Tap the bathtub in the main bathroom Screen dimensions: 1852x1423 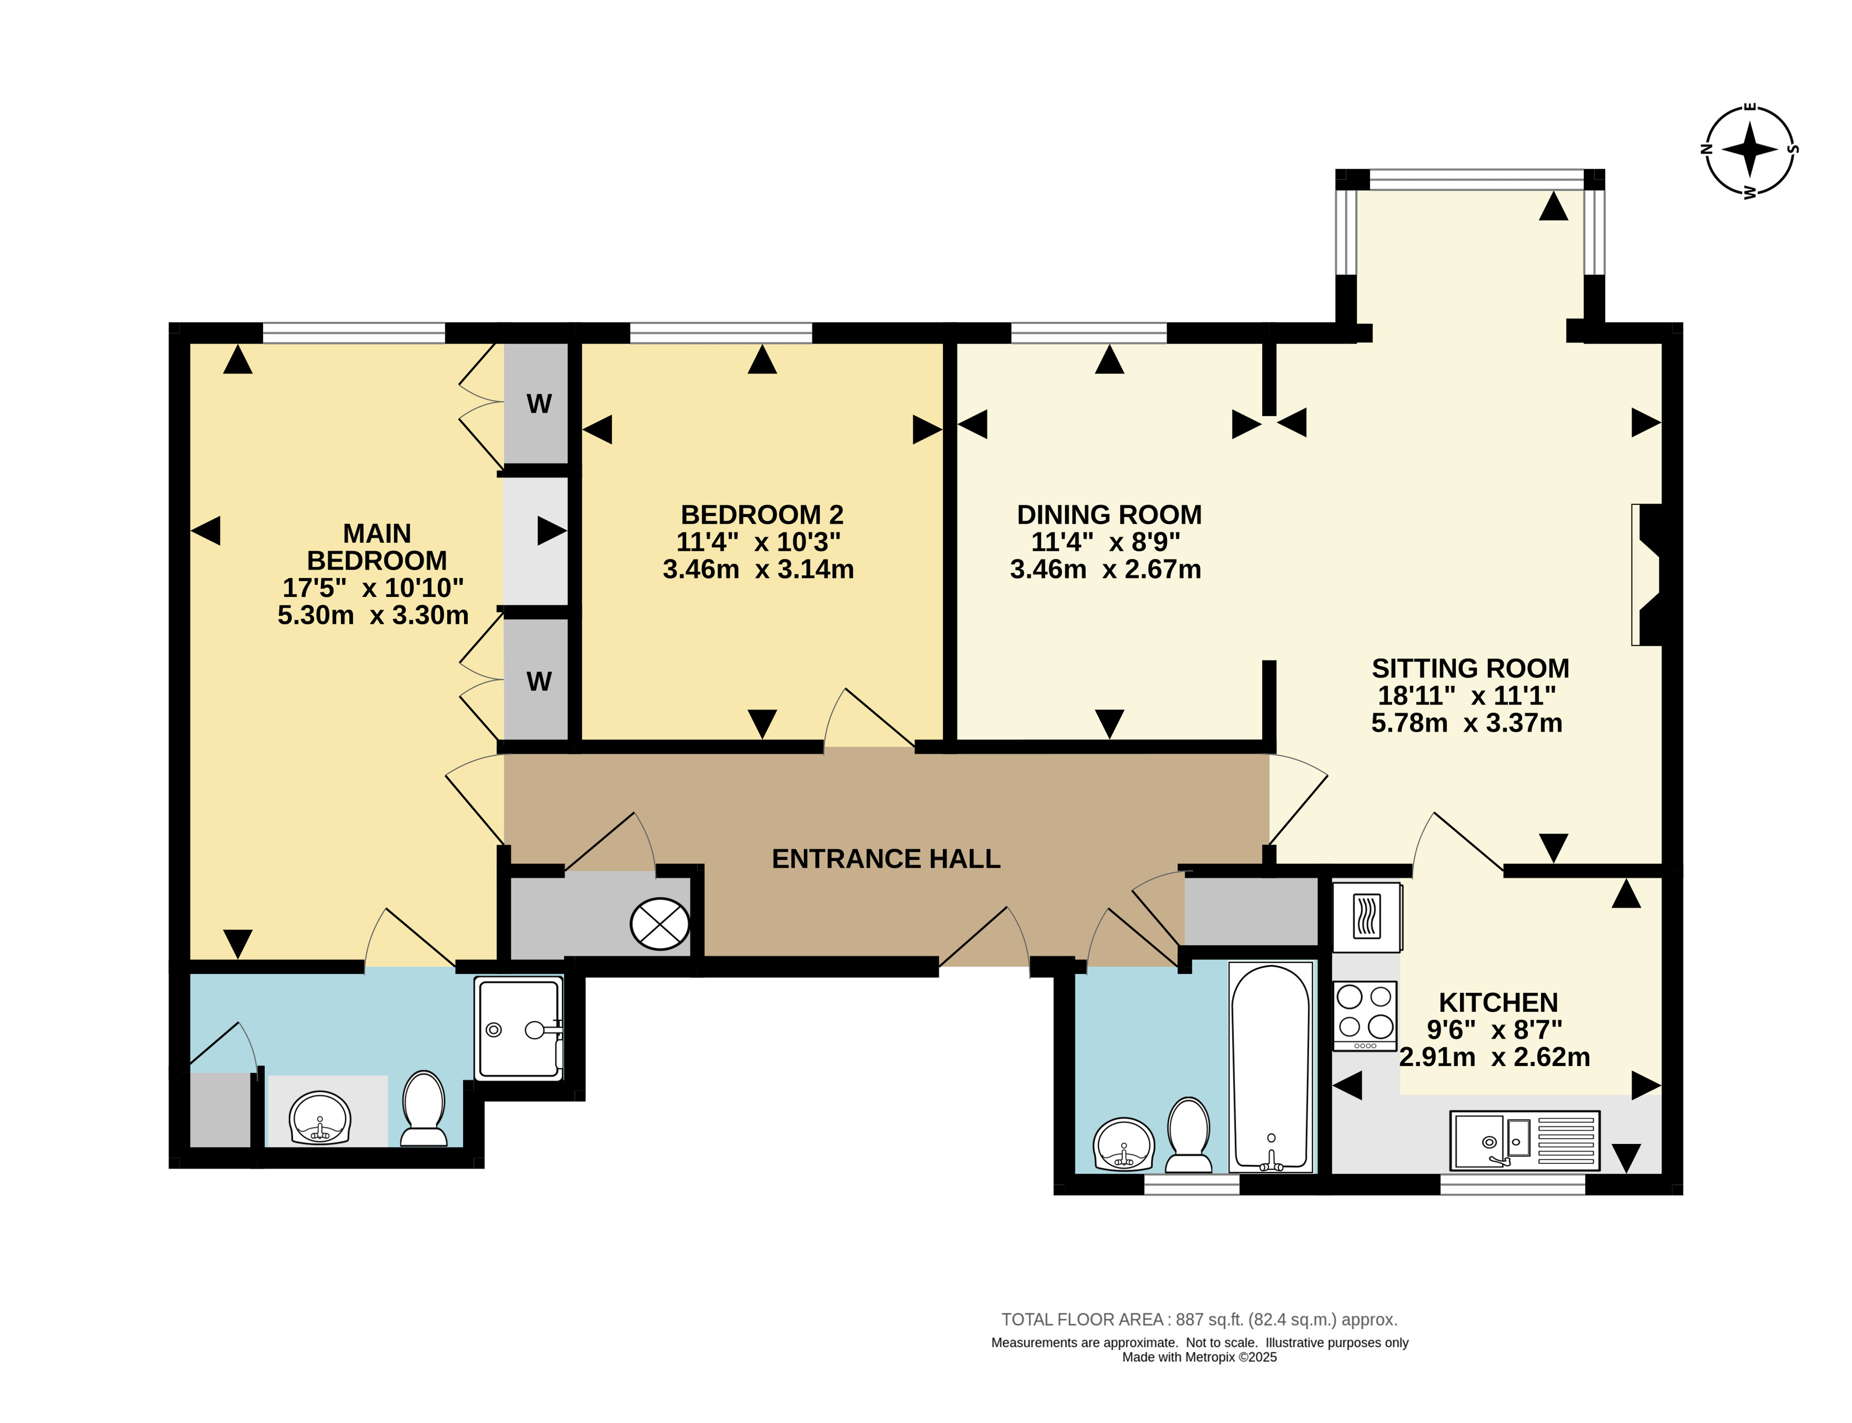(1271, 1067)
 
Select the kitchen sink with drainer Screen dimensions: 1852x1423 (1524, 1140)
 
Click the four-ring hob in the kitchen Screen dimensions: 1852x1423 (1364, 1015)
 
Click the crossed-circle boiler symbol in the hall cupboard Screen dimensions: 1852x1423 (660, 923)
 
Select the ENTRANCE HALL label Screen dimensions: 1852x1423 (886, 859)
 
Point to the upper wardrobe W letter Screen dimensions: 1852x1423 (539, 404)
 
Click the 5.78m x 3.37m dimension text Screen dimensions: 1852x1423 (1466, 723)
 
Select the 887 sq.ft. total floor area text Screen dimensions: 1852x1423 (1199, 1319)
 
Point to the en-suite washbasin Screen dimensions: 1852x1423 (319, 1117)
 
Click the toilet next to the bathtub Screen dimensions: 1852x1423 (1189, 1135)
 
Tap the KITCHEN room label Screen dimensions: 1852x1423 (1498, 1003)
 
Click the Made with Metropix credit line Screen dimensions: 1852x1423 (1199, 1357)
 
